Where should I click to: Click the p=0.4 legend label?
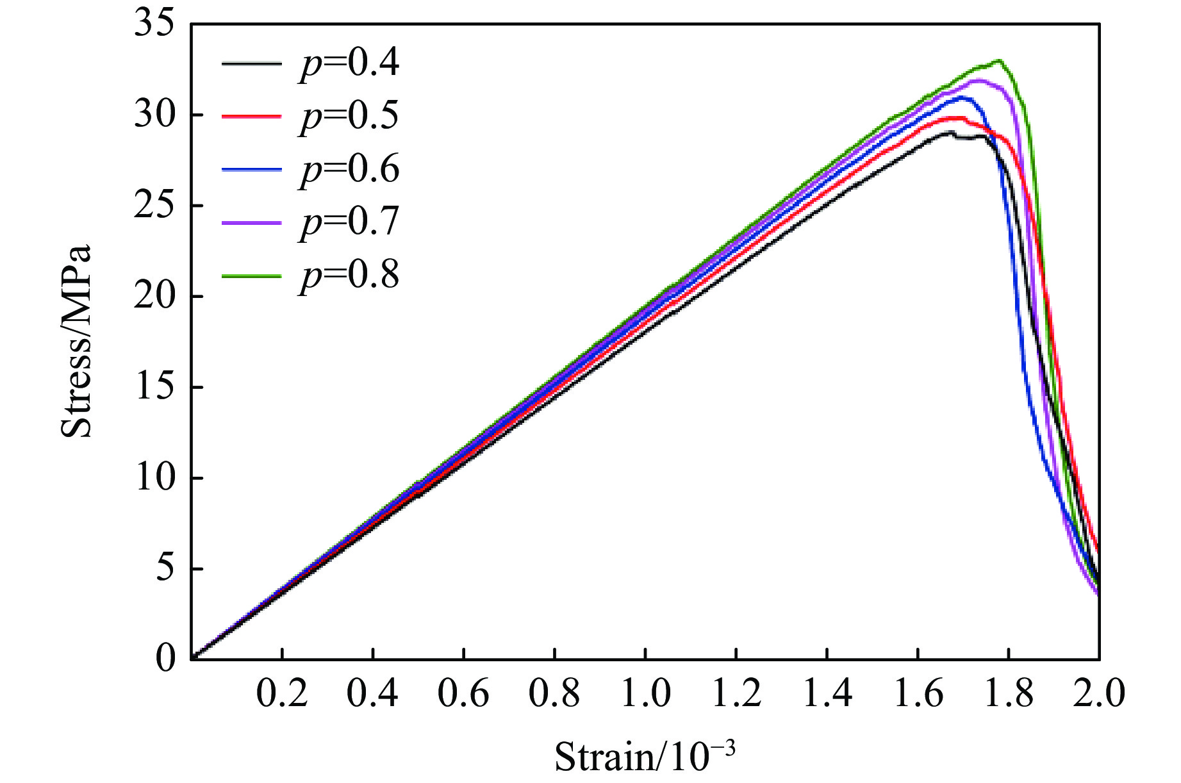click(x=349, y=63)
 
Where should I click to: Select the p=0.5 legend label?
click(x=349, y=116)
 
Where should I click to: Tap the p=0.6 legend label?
click(x=349, y=169)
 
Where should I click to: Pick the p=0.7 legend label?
click(x=349, y=222)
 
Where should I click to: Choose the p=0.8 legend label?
click(x=349, y=276)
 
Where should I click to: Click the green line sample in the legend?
click(x=251, y=276)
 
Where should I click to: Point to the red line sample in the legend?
click(x=251, y=117)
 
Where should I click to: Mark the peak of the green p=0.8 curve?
click(x=998, y=60)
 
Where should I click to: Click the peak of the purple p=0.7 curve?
click(x=978, y=80)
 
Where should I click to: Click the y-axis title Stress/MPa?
click(x=77, y=341)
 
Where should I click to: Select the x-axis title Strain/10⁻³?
click(x=644, y=756)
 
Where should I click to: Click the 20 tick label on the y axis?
click(x=154, y=297)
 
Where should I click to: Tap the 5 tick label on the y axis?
click(x=165, y=569)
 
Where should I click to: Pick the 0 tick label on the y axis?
click(x=165, y=659)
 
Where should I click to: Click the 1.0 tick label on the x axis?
click(x=645, y=694)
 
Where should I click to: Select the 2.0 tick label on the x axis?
click(x=1099, y=694)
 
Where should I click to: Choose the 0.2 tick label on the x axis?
click(x=282, y=694)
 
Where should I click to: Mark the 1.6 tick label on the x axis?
click(x=918, y=694)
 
